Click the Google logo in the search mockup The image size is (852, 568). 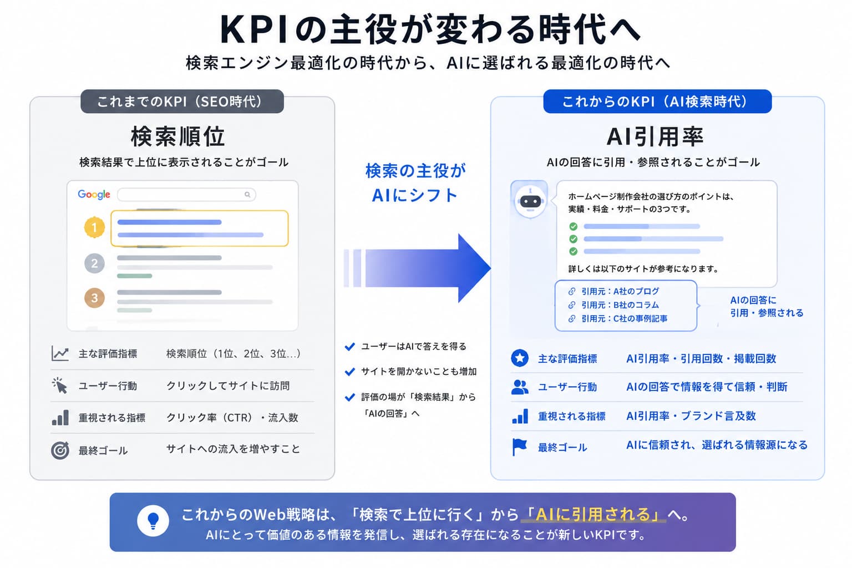[94, 194]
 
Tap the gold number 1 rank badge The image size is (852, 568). [94, 227]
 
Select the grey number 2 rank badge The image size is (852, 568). [94, 263]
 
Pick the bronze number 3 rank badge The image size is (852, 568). [94, 298]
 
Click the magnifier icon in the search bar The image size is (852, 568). [247, 195]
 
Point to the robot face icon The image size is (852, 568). [530, 200]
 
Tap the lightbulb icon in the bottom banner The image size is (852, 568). [153, 521]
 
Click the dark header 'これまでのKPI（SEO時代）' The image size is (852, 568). [182, 102]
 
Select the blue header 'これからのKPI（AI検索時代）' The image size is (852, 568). [657, 102]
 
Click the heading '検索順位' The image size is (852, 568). [177, 136]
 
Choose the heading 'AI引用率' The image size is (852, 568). [655, 136]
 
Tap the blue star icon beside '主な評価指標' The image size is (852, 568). [520, 358]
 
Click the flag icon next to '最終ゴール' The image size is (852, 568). [519, 447]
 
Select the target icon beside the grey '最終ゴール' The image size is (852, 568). [60, 450]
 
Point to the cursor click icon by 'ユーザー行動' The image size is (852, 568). [60, 386]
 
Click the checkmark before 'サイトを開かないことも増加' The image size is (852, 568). [349, 371]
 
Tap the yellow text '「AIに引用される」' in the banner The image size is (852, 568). [594, 514]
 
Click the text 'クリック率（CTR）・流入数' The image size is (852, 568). [232, 418]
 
